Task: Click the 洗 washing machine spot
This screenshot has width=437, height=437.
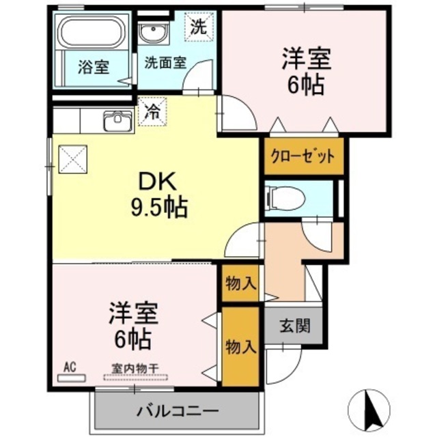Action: [199, 29]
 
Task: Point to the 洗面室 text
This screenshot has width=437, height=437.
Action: [164, 61]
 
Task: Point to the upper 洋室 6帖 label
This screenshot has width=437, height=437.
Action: [306, 71]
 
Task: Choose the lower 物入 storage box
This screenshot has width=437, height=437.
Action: [240, 347]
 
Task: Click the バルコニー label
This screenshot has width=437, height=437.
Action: [176, 411]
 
